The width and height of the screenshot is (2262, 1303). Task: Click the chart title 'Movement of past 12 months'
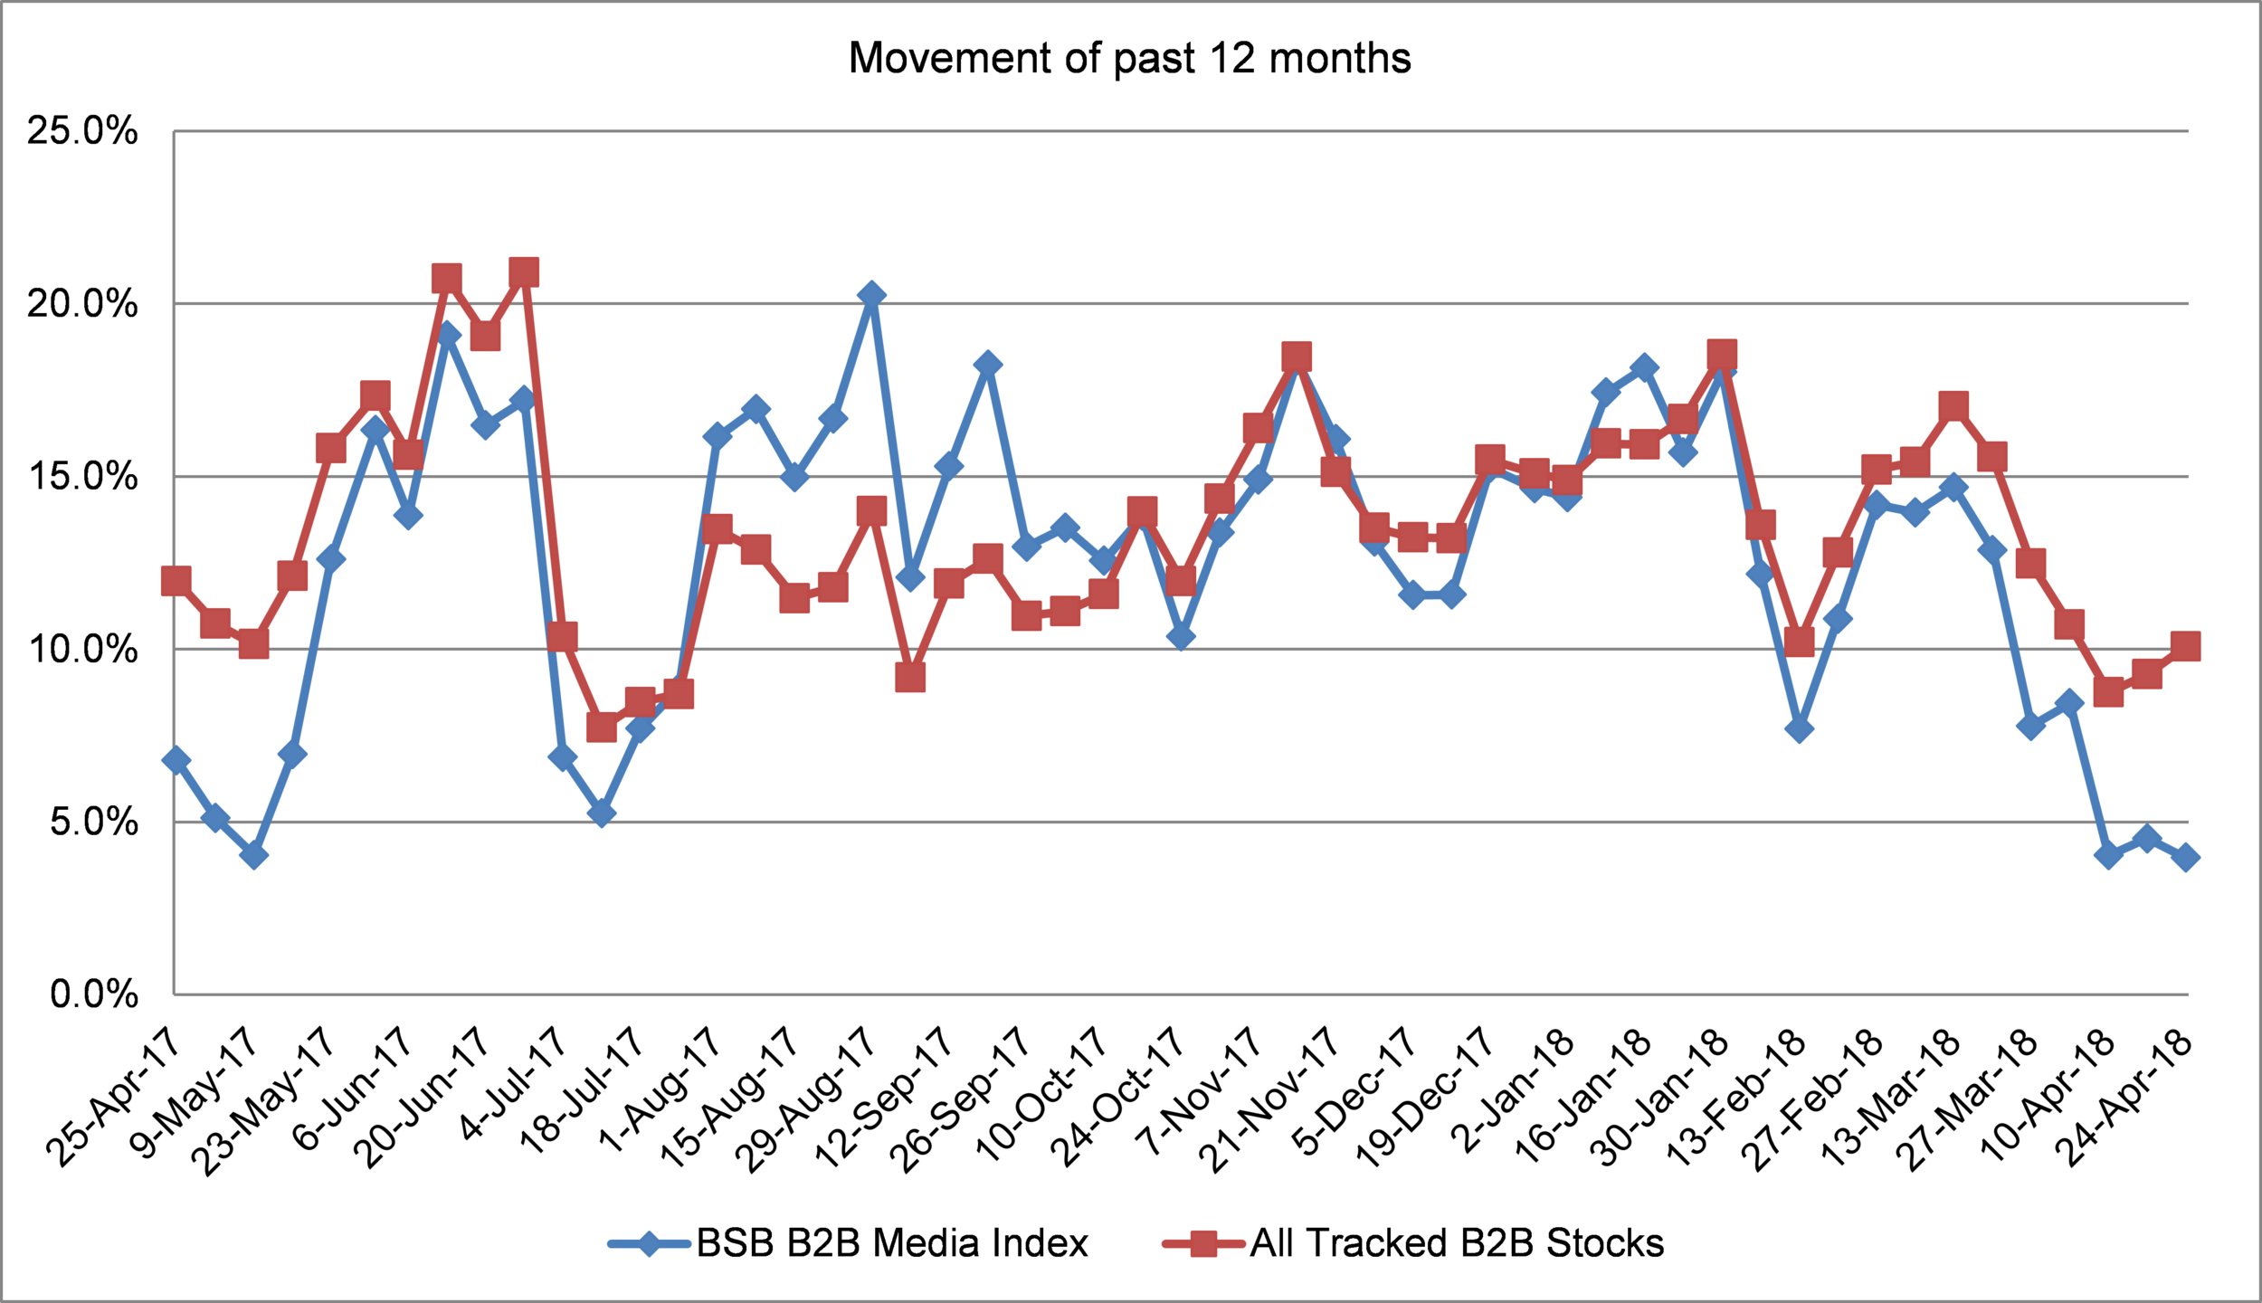pyautogui.click(x=1129, y=59)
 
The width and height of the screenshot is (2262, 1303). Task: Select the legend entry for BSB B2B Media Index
pyautogui.click(x=848, y=1243)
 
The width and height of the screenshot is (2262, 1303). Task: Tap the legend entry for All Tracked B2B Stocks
pyautogui.click(x=1413, y=1243)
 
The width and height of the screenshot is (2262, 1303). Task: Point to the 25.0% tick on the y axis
pyautogui.click(x=82, y=131)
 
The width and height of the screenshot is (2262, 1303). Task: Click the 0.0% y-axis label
pyautogui.click(x=94, y=994)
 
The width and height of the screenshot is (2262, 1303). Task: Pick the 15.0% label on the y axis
pyautogui.click(x=82, y=476)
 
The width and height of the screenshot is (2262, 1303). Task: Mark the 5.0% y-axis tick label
pyautogui.click(x=94, y=822)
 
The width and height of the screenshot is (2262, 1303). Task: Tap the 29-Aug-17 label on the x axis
pyautogui.click(x=806, y=1098)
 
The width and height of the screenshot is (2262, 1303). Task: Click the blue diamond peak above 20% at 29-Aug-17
pyautogui.click(x=871, y=295)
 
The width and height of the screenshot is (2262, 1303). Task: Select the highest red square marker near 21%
pyautogui.click(x=524, y=272)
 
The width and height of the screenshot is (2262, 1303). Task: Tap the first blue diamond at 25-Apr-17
pyautogui.click(x=176, y=760)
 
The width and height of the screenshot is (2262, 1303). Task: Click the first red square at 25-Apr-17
pyautogui.click(x=176, y=581)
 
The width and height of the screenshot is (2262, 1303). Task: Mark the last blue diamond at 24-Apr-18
pyautogui.click(x=2186, y=857)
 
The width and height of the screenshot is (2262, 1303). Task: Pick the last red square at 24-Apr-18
pyautogui.click(x=2186, y=646)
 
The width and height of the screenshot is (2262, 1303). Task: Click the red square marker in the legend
pyautogui.click(x=1203, y=1244)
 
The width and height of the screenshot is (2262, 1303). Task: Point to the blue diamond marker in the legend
pyautogui.click(x=650, y=1244)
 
